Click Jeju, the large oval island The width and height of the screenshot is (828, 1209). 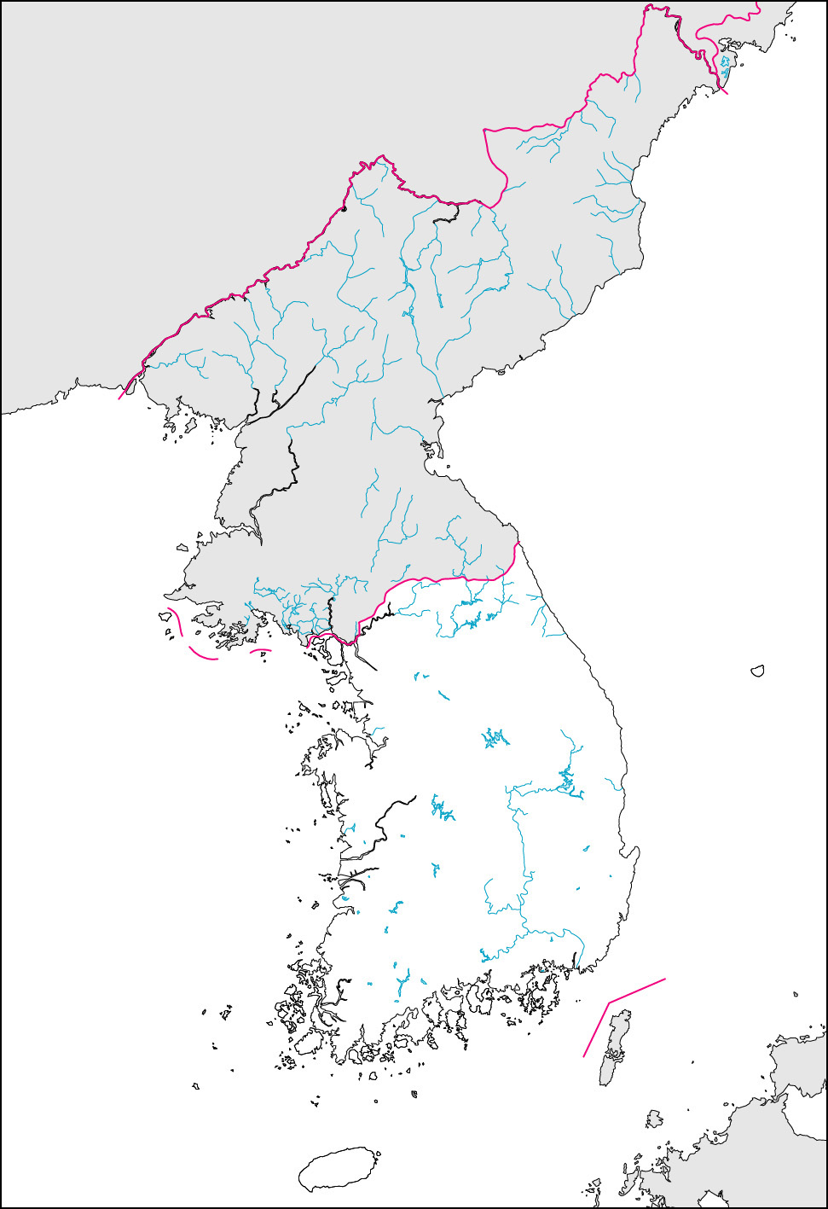point(339,1169)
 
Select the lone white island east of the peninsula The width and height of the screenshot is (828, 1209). point(756,671)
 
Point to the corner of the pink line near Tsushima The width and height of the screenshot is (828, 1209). point(609,1001)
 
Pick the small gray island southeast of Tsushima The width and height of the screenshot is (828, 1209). point(654,1119)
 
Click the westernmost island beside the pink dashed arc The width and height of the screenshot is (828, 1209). point(163,614)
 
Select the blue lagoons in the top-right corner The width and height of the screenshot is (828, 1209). point(726,63)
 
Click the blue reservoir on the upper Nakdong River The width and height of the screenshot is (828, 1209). point(568,782)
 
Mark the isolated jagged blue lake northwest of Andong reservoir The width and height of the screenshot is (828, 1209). point(494,737)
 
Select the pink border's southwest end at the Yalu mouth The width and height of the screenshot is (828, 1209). point(120,398)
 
